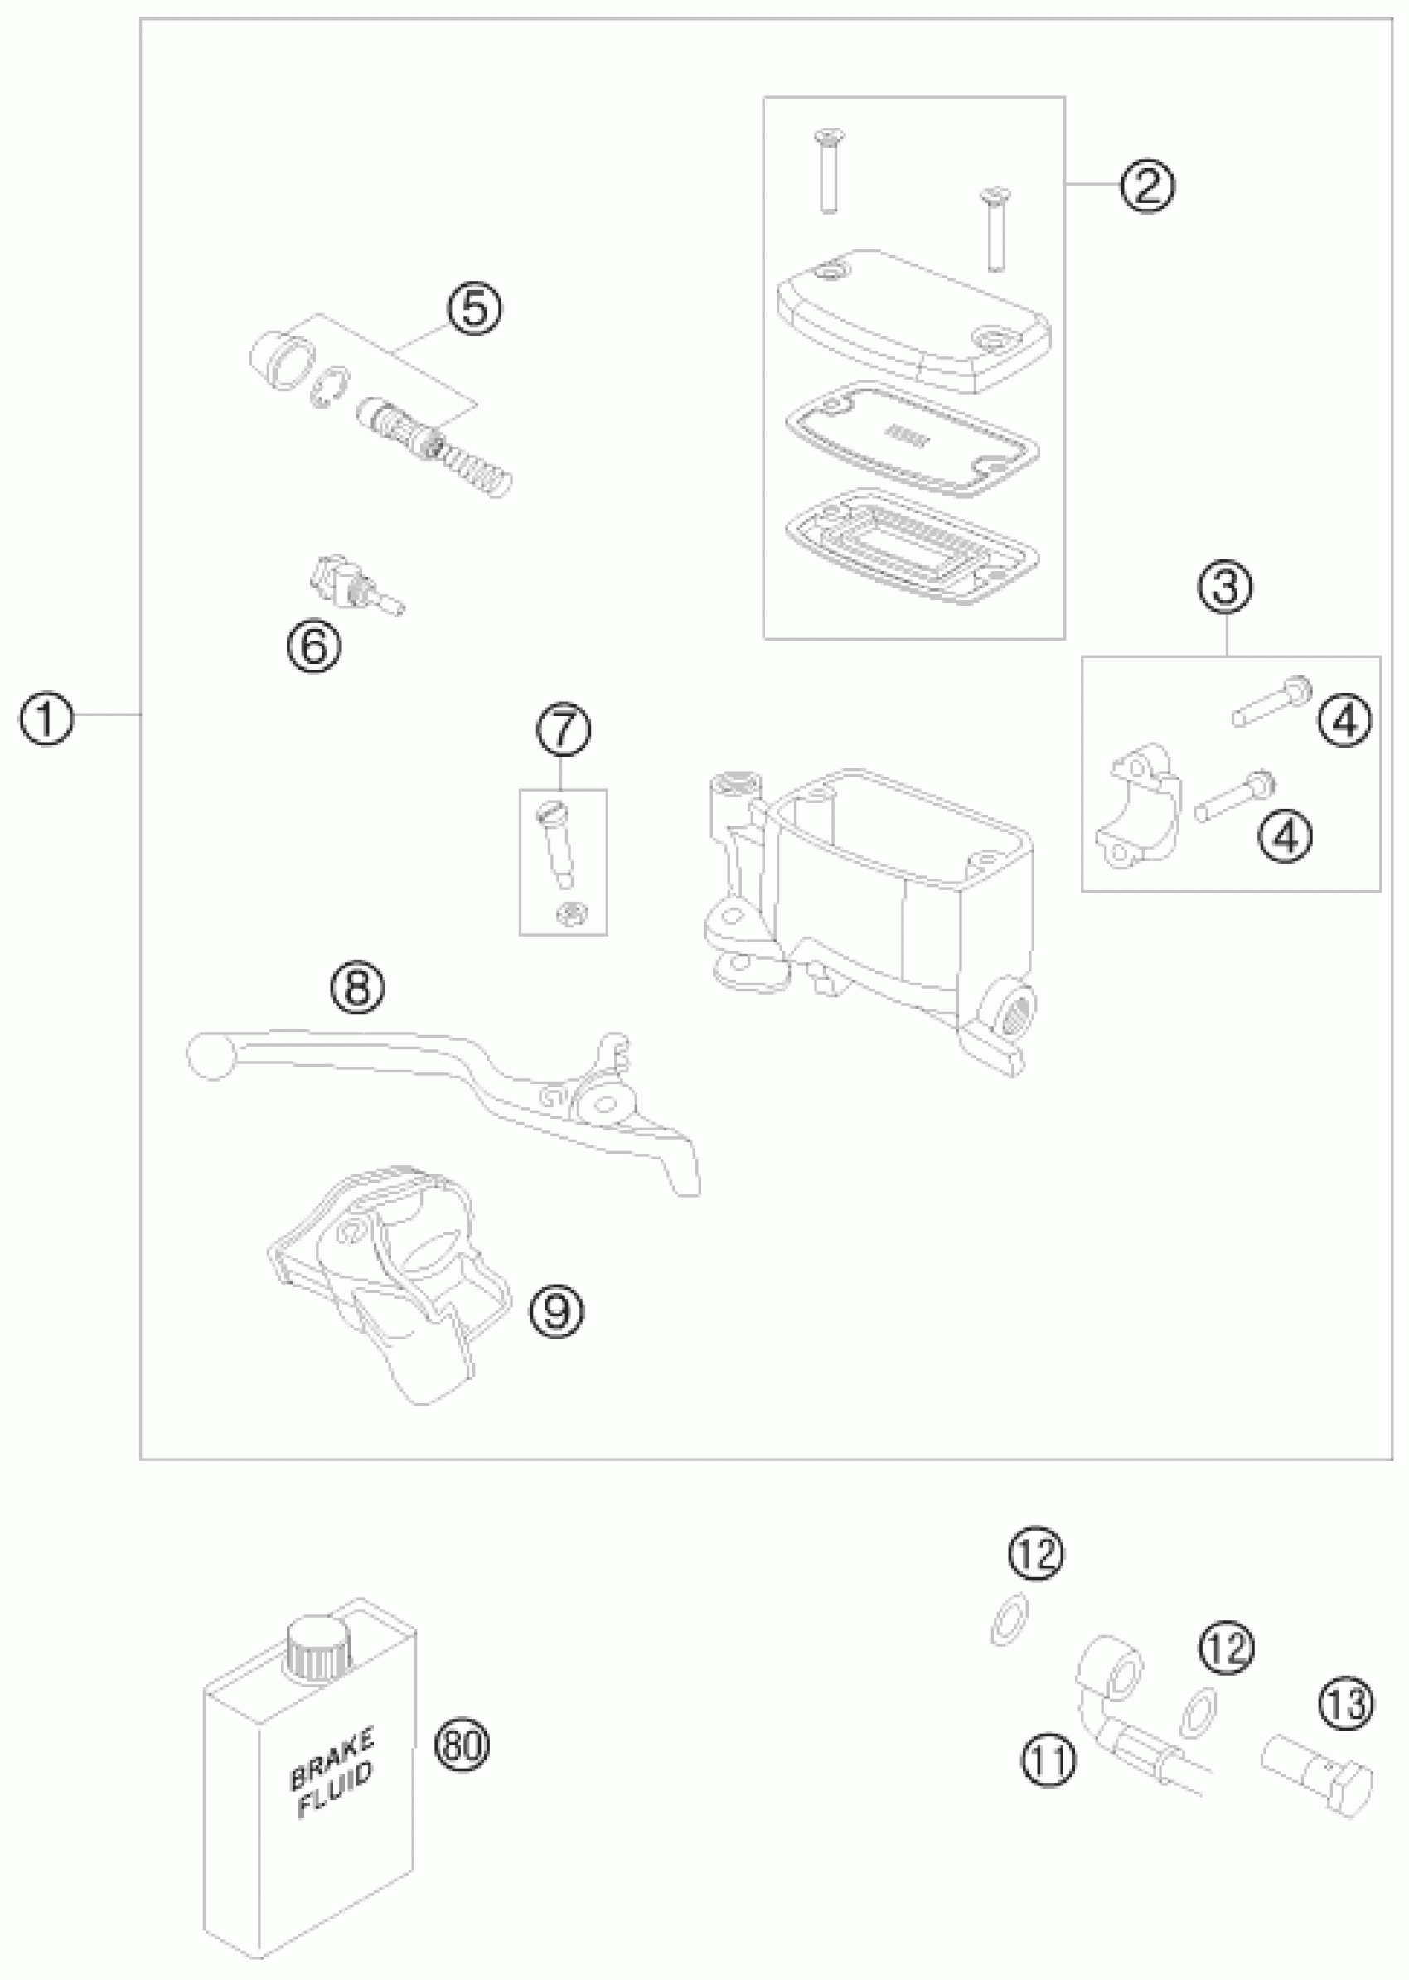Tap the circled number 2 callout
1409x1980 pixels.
pyautogui.click(x=1146, y=185)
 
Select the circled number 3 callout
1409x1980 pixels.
pyautogui.click(x=1225, y=588)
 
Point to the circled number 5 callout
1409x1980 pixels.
pyautogui.click(x=474, y=310)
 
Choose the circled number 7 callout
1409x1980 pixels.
pyautogui.click(x=563, y=729)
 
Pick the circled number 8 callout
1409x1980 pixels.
pyautogui.click(x=358, y=988)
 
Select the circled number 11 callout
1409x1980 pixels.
pyautogui.click(x=1049, y=1761)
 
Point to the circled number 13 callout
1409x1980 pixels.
pyautogui.click(x=1346, y=1703)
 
